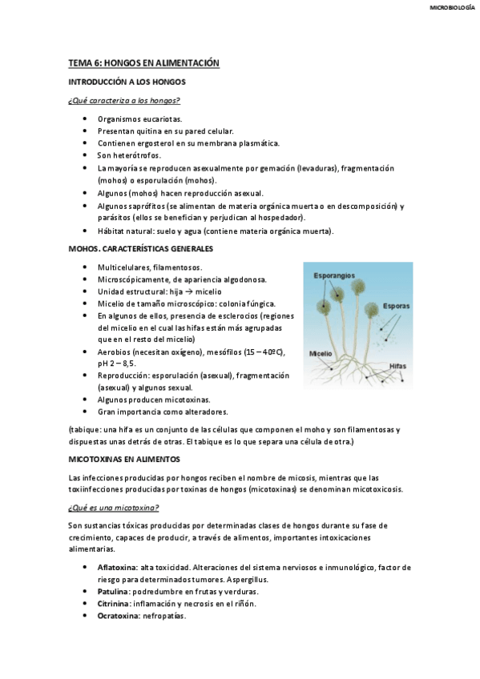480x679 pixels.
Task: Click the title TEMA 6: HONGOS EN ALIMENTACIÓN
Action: click(143, 62)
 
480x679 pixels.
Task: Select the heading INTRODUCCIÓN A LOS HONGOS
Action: click(127, 82)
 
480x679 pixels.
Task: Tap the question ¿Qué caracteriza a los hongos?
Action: click(123, 100)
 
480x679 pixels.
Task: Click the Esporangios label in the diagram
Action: click(333, 275)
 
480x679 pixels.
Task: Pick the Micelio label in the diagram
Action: click(321, 352)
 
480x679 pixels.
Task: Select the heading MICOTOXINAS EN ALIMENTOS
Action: click(124, 459)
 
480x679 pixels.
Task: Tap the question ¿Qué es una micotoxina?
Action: click(114, 508)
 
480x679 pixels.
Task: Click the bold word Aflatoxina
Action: click(117, 566)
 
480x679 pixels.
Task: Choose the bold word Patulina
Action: click(113, 591)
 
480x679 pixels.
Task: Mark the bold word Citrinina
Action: click(114, 603)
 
